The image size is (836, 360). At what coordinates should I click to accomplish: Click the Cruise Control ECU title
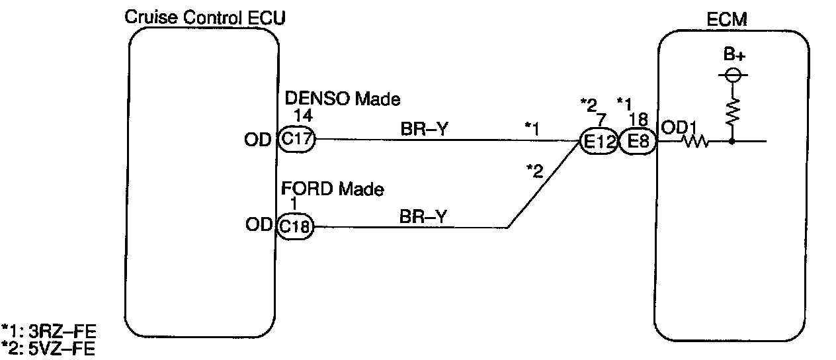(205, 18)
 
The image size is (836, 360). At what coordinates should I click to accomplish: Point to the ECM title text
(727, 19)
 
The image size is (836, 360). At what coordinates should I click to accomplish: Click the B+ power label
(734, 54)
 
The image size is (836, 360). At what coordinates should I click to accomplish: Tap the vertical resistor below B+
(733, 112)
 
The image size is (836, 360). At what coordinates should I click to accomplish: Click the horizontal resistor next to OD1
(695, 142)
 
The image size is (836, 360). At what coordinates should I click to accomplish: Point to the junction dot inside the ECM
(732, 142)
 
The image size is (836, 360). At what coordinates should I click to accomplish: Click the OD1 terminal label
(679, 128)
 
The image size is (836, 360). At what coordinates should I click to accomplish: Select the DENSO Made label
(342, 99)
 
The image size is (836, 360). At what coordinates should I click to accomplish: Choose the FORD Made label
(332, 189)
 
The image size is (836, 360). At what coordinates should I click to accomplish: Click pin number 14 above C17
(303, 116)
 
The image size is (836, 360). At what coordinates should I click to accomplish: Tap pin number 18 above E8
(638, 120)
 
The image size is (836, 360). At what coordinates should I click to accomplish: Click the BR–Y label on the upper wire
(424, 129)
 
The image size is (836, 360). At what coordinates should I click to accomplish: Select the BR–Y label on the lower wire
(423, 216)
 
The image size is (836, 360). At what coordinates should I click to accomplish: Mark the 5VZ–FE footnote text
(62, 349)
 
